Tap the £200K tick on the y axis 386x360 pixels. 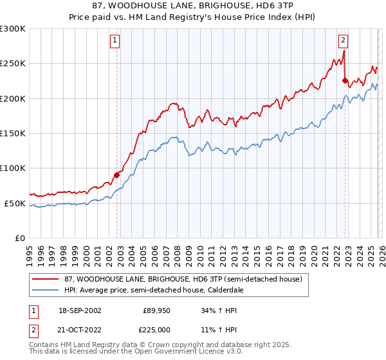[13, 98]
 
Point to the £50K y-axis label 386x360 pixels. [15, 203]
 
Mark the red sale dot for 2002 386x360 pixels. [116, 175]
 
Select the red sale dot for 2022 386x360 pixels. [345, 81]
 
